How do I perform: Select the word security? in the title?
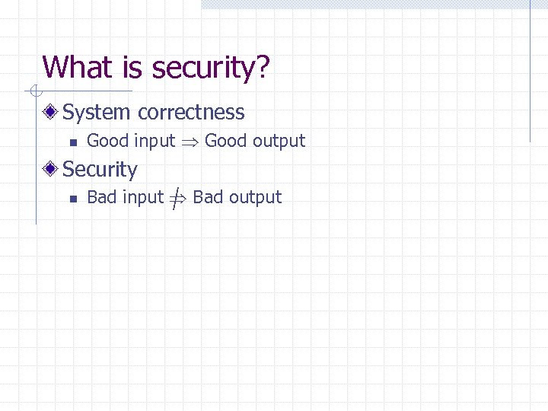point(211,68)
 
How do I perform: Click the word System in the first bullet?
point(97,113)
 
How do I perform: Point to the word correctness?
point(191,113)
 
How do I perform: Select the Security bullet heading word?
point(100,170)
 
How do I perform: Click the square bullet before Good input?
point(71,142)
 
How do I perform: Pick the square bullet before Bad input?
point(71,199)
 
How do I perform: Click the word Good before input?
point(108,141)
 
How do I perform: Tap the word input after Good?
point(155,142)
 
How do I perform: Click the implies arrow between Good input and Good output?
point(190,142)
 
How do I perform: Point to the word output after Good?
point(279,142)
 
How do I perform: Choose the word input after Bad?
point(143,198)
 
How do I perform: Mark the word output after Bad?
point(255,198)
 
